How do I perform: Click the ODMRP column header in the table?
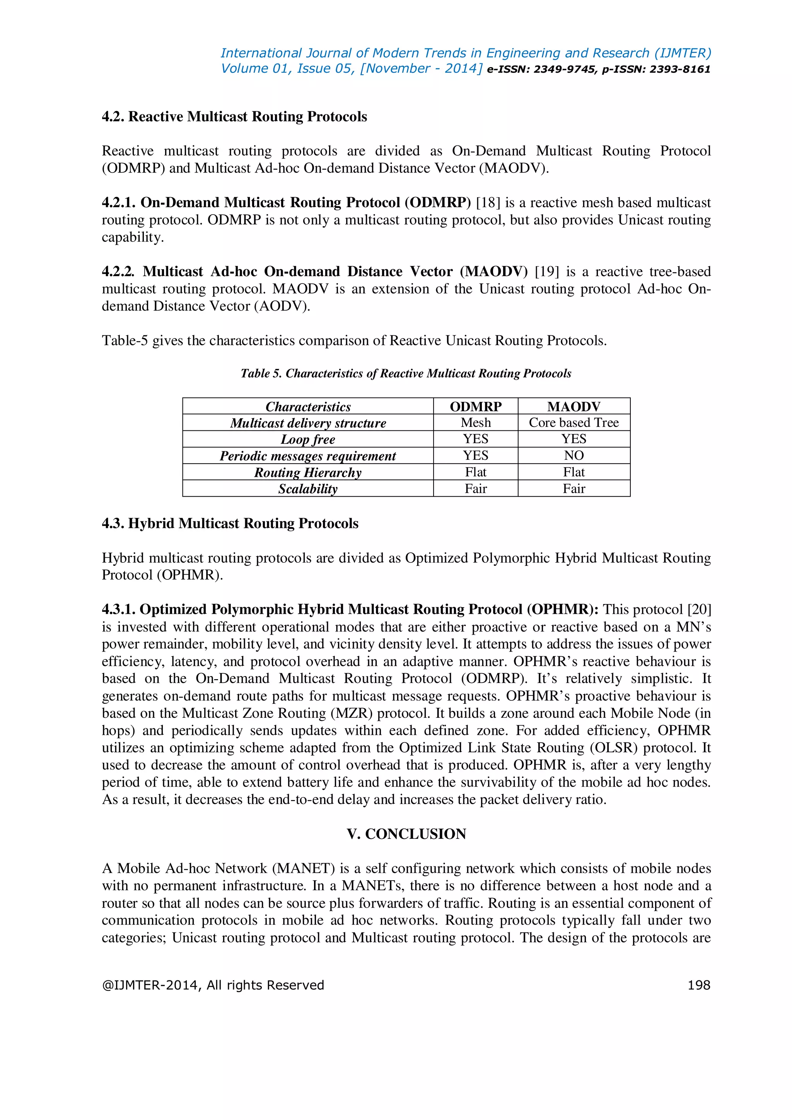coord(476,406)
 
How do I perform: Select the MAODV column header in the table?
coord(574,406)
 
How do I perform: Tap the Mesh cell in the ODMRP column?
coord(476,422)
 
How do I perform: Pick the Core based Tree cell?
coord(574,422)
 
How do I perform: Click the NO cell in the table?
coord(574,455)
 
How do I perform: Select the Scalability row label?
coord(308,489)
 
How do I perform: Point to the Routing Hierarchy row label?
coord(308,472)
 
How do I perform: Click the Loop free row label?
coord(308,439)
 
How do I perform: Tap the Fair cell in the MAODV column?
coord(574,488)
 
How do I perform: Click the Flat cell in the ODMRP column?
coord(476,472)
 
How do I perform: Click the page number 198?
coord(698,985)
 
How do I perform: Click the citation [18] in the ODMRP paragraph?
coord(488,202)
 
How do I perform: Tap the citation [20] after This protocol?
coord(699,609)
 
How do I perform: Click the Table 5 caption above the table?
coord(406,373)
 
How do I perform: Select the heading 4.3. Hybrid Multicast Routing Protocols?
coord(230,523)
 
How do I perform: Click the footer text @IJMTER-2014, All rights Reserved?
coord(213,985)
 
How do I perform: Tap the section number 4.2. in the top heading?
coord(113,116)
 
